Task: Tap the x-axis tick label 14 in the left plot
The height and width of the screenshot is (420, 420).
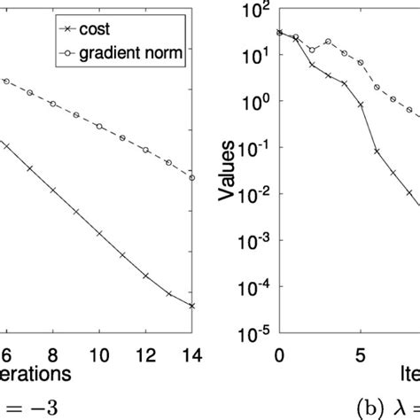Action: click(192, 354)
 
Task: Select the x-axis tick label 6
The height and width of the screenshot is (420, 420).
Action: click(6, 354)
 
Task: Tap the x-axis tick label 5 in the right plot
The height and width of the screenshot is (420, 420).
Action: click(361, 354)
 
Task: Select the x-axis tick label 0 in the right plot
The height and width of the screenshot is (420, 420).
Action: click(279, 354)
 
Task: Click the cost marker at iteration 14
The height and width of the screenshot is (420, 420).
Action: click(192, 306)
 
